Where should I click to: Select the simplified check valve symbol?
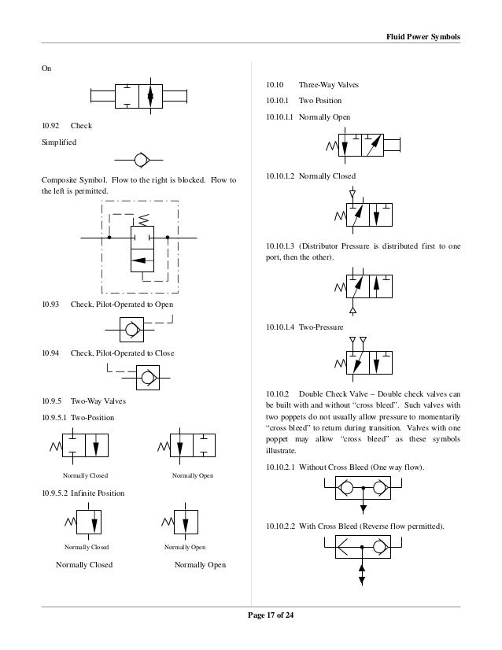point(142,160)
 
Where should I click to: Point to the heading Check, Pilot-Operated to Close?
point(122,353)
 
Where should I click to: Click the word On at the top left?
point(47,68)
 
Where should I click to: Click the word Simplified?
point(60,142)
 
